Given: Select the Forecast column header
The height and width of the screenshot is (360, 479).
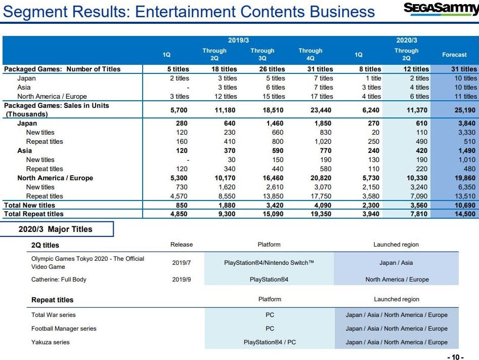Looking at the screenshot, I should (x=454, y=55).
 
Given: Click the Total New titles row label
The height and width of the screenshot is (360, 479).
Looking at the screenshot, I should (x=29, y=205).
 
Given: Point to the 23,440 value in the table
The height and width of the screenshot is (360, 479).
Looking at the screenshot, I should (x=320, y=109).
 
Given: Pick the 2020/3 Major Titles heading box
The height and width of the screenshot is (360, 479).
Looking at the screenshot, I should (x=56, y=229).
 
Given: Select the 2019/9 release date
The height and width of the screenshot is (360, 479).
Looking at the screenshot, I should (x=181, y=279).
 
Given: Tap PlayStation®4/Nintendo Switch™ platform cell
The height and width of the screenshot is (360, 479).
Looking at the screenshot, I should (x=269, y=262).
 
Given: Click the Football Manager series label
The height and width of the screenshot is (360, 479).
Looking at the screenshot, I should (x=64, y=329).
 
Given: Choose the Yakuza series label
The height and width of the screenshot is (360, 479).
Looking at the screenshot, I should (x=51, y=342).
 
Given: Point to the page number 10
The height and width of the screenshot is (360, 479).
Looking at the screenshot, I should (x=455, y=357).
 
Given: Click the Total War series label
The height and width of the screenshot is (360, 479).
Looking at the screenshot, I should (x=54, y=315).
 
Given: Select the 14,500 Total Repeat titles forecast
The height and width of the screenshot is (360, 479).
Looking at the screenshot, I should (x=463, y=214).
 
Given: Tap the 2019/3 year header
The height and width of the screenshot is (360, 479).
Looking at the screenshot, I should (x=238, y=41).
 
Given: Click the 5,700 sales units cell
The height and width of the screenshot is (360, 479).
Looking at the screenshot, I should (x=178, y=109).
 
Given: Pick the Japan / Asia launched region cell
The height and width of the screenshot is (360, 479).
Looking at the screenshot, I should (x=397, y=262).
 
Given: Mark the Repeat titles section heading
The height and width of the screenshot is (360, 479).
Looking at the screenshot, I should (x=52, y=300).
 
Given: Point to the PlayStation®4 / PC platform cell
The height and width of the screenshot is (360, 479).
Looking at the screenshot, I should (x=269, y=342).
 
